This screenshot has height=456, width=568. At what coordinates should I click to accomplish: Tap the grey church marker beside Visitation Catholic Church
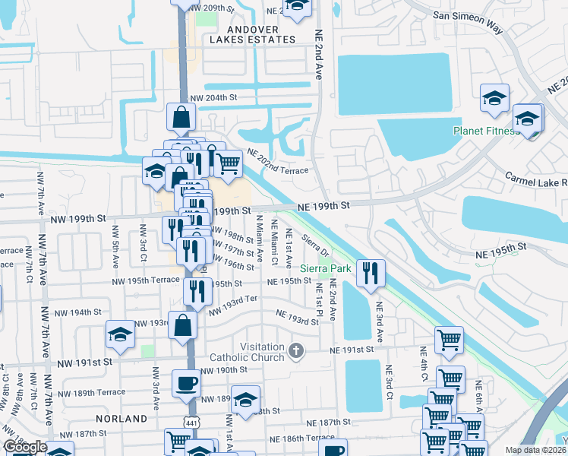(x=297, y=350)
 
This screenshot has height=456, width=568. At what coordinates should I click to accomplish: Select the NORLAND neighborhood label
(x=121, y=419)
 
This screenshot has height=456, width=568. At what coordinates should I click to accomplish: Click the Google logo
(x=25, y=447)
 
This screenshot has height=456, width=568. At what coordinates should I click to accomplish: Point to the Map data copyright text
(x=535, y=450)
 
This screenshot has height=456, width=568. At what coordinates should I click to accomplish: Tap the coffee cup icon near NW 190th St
(x=186, y=382)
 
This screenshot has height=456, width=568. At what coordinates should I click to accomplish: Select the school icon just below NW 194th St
(x=120, y=333)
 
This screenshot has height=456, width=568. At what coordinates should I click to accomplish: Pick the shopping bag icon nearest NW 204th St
(x=181, y=117)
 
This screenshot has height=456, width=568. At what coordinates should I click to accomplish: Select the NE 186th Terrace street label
(x=299, y=439)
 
